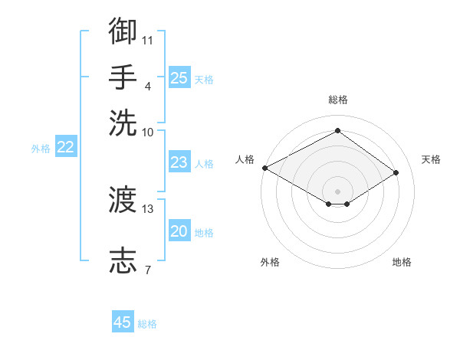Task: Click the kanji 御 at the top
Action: [x=123, y=31]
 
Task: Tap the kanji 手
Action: [x=123, y=77]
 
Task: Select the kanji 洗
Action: [x=123, y=123]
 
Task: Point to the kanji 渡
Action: [x=123, y=199]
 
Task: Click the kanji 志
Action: [x=123, y=260]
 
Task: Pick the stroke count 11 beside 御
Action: [x=147, y=41]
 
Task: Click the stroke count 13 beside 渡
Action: [x=147, y=209]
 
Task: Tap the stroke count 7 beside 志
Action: [x=148, y=270]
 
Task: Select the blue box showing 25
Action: [x=179, y=77]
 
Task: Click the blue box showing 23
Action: [x=179, y=162]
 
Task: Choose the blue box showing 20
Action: [x=179, y=230]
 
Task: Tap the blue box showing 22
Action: [x=66, y=146]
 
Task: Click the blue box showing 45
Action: [x=123, y=321]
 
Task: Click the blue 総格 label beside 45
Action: [x=147, y=324]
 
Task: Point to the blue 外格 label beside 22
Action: [x=41, y=149]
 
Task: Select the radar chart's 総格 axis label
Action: [x=338, y=100]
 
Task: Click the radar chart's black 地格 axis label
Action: [x=402, y=262]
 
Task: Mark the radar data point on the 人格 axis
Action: [x=265, y=168]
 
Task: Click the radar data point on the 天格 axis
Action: [x=396, y=172]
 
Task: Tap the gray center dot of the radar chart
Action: [x=337, y=191]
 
